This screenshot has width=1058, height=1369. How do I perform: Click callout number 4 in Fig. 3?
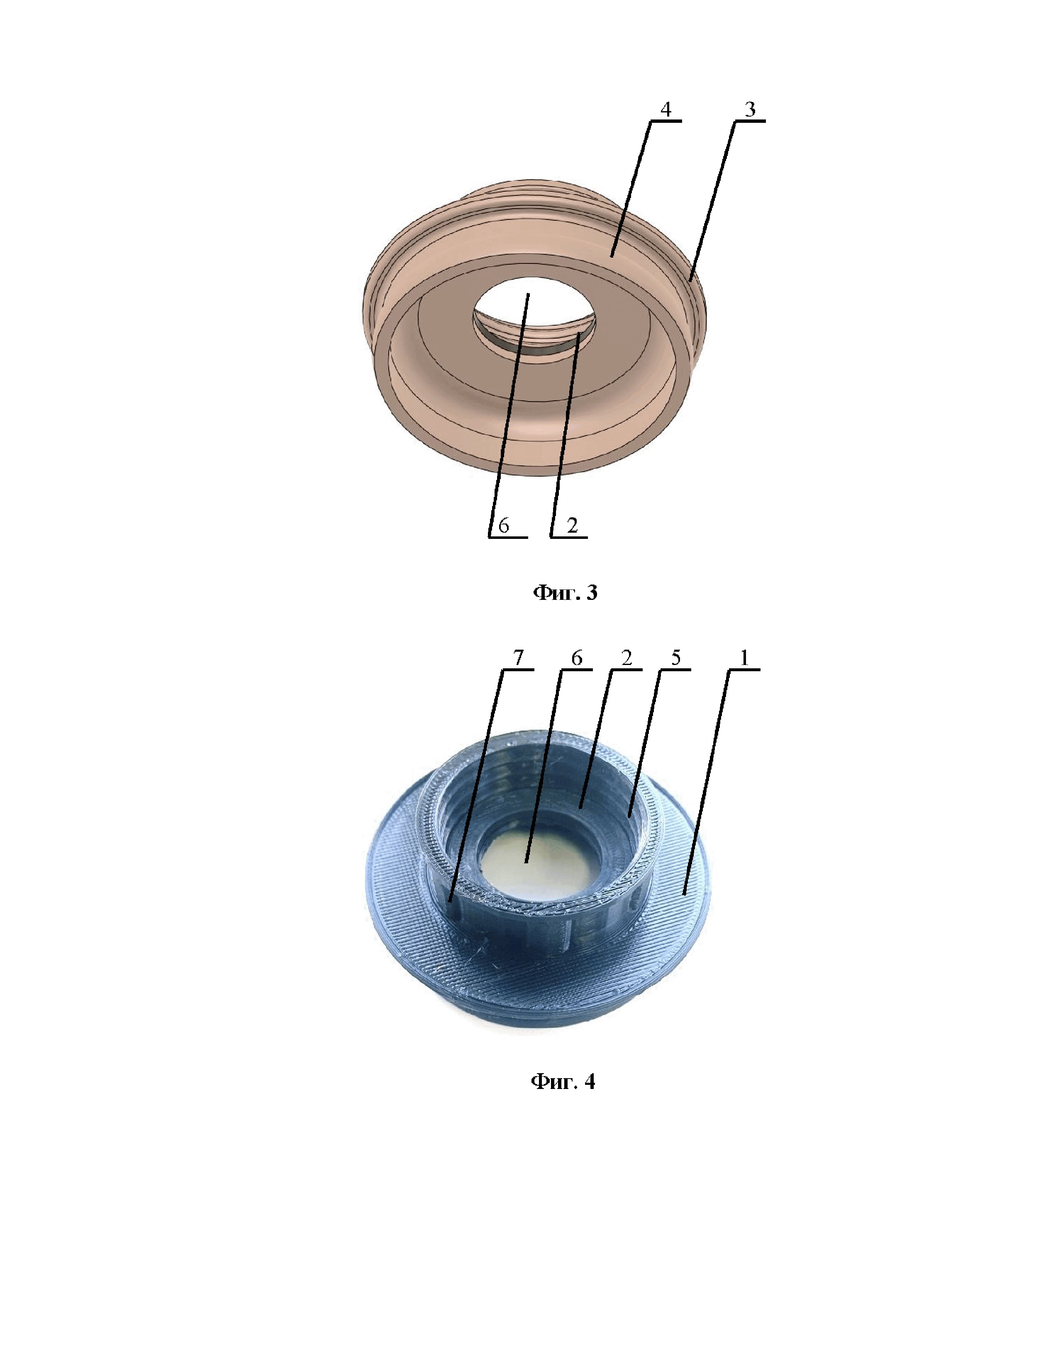[666, 110]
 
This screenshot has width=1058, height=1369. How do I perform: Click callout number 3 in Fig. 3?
[750, 110]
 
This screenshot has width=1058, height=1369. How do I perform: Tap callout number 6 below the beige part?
[503, 525]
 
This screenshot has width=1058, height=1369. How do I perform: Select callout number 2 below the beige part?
[572, 525]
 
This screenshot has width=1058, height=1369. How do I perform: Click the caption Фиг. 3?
[565, 592]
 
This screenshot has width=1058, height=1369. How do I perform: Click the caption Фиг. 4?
[563, 1081]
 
